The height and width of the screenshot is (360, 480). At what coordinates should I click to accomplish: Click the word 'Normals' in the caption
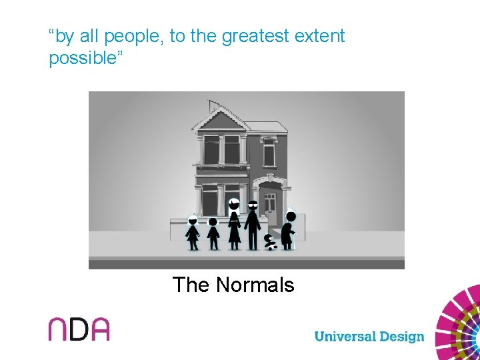pyautogui.click(x=255, y=285)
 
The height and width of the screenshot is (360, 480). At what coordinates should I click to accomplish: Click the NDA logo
pyautogui.click(x=79, y=329)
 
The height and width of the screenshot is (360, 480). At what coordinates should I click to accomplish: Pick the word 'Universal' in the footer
pyautogui.click(x=344, y=336)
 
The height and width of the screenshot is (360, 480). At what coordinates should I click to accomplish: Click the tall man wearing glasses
pyautogui.click(x=252, y=224)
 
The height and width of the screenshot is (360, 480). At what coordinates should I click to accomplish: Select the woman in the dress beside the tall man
pyautogui.click(x=234, y=225)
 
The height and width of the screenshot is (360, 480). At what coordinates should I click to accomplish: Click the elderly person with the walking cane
pyautogui.click(x=287, y=230)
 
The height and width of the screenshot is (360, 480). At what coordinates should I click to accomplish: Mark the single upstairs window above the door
pyautogui.click(x=269, y=152)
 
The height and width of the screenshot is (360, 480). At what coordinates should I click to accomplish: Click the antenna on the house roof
pyautogui.click(x=212, y=105)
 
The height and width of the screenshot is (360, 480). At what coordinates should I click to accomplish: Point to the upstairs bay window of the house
pyautogui.click(x=221, y=149)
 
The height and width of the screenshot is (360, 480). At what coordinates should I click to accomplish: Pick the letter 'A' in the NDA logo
pyautogui.click(x=98, y=329)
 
